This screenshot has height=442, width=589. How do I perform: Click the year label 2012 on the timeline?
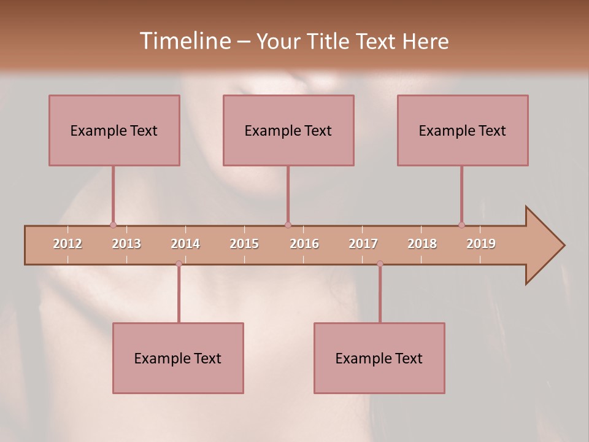click(x=67, y=244)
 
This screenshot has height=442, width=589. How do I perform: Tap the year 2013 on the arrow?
click(x=126, y=244)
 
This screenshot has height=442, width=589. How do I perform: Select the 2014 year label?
click(x=185, y=244)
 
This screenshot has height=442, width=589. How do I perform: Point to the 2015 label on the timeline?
click(x=244, y=244)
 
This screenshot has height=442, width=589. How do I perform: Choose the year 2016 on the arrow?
click(x=304, y=244)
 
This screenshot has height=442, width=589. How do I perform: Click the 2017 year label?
click(x=363, y=244)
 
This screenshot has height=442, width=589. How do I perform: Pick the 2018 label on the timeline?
click(x=422, y=244)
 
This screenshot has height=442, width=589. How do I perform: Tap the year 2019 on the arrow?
click(x=481, y=244)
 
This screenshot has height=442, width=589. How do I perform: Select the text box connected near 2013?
click(x=114, y=130)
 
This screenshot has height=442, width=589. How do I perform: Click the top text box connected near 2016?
click(x=288, y=130)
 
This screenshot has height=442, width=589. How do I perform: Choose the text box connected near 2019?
click(x=463, y=130)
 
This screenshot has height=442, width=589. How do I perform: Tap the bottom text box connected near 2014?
click(x=178, y=358)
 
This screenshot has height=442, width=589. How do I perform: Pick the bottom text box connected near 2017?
click(x=379, y=358)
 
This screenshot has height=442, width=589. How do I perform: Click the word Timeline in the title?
click(x=185, y=41)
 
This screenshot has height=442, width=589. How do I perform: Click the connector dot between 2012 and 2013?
click(x=113, y=225)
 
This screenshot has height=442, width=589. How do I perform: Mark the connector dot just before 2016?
click(x=288, y=225)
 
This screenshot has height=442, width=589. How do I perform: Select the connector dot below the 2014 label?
click(x=179, y=263)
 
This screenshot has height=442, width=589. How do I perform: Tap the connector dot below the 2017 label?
click(x=380, y=263)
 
